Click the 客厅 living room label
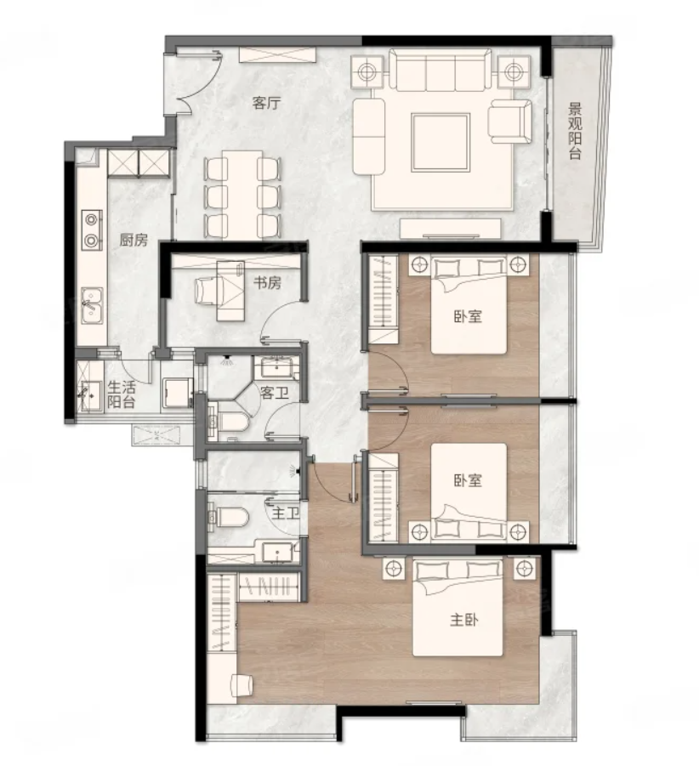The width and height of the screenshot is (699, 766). click(267, 103)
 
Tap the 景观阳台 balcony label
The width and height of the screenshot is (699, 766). click(575, 130)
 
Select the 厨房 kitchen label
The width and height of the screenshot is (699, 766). click(134, 240)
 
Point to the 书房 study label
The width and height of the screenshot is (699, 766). click(267, 282)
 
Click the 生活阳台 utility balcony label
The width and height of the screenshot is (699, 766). click(122, 394)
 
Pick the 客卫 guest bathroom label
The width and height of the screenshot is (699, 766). click(275, 393)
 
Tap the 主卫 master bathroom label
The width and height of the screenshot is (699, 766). click(286, 514)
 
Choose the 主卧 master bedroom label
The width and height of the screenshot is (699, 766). click(464, 620)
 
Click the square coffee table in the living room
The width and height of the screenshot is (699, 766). click(440, 142)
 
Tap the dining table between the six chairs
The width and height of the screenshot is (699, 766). click(242, 195)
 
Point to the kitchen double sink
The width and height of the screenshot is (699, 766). click(91, 305)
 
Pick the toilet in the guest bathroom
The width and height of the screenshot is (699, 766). click(229, 422)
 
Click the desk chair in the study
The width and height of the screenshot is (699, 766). click(207, 290)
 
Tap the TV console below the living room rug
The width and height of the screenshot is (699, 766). click(451, 228)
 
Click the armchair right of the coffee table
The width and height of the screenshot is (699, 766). click(510, 122)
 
